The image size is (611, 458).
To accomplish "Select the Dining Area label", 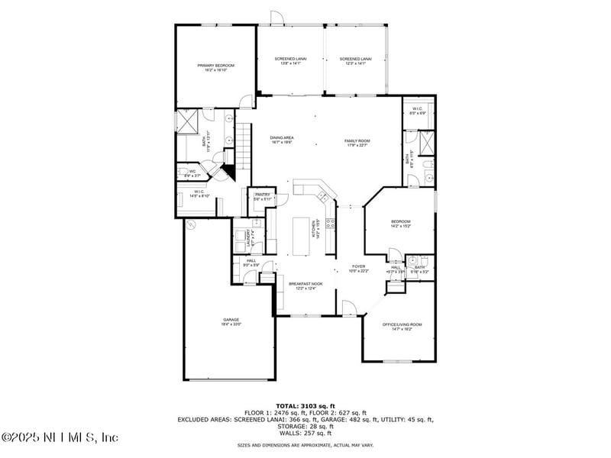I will click(282, 140).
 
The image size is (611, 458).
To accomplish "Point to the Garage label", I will click(231, 321).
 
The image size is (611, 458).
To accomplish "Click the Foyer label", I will click(358, 268).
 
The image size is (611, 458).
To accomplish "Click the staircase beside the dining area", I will click(243, 142).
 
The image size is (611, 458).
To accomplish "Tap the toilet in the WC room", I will click(183, 173).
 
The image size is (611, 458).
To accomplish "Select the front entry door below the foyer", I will click(348, 308).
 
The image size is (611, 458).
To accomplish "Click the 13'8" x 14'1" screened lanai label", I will click(288, 61).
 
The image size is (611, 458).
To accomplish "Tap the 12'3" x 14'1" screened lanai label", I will click(355, 61).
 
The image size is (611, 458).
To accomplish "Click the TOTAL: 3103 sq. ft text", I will click(305, 406).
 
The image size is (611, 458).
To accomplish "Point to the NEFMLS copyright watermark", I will click(60, 437).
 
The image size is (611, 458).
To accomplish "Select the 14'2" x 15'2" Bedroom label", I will click(401, 224).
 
